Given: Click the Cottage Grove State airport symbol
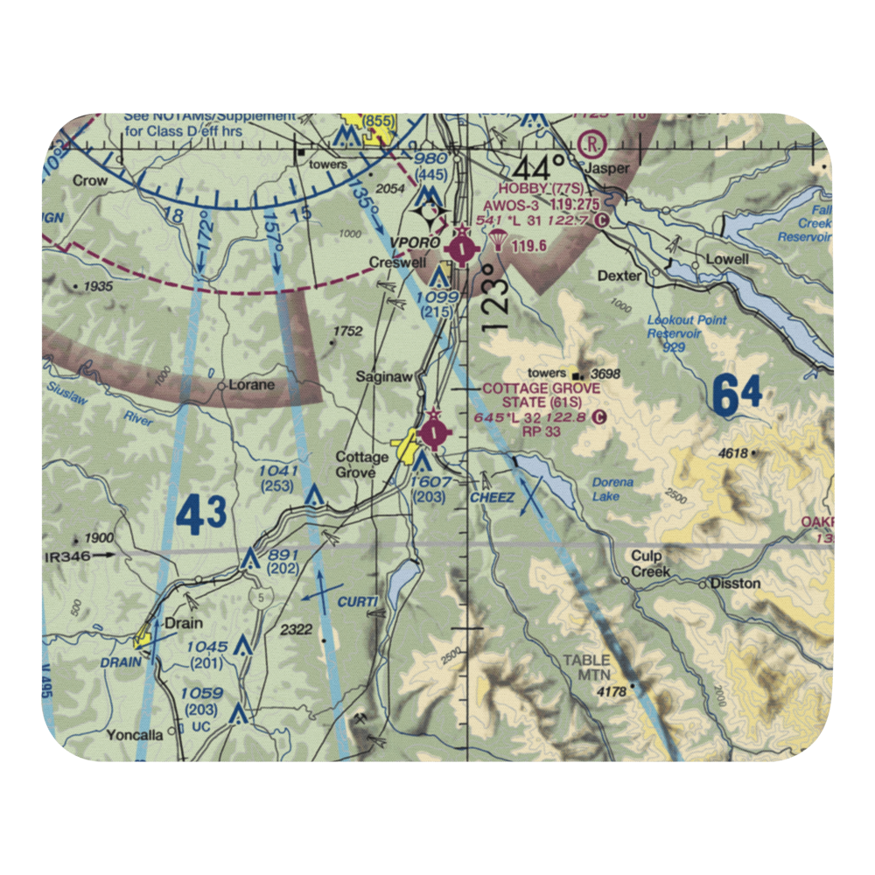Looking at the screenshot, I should pos(435,431).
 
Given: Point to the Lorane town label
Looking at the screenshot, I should pos(251,384).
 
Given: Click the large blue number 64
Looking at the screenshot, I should pos(736,395).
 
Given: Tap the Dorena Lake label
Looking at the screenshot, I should pos(612,489).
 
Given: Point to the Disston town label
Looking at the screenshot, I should pos(736,583).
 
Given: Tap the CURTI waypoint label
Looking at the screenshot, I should pos(359,601).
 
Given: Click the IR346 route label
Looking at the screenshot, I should pos(66,555).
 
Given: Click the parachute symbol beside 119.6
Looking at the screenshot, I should pos(500,244).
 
